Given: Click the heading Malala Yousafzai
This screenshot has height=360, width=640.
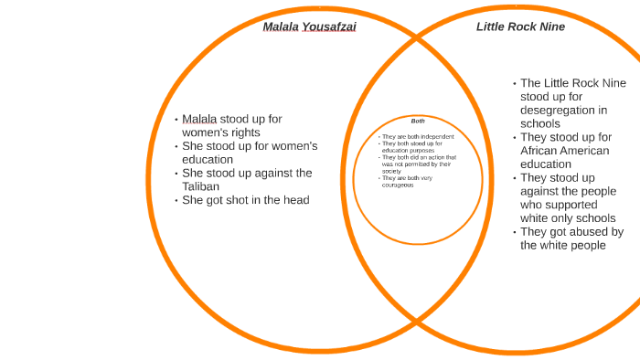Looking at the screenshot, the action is (309, 26).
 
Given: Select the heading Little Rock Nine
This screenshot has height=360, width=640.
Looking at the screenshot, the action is (520, 26).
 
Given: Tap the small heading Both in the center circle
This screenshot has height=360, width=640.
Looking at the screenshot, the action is (418, 121).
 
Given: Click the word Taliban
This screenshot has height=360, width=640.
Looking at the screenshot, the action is (201, 186).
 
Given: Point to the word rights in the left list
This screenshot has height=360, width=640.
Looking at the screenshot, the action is (244, 132).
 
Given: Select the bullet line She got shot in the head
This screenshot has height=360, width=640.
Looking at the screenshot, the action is (245, 200).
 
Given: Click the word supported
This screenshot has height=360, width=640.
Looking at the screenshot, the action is (581, 205).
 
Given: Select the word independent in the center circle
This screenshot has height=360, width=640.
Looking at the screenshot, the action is (438, 137).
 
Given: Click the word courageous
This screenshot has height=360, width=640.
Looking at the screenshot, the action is (398, 185).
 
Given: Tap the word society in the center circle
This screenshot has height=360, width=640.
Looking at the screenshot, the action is (391, 171).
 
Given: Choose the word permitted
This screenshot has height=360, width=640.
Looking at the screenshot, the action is (417, 164).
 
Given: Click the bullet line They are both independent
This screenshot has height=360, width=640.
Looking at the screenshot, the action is (418, 137).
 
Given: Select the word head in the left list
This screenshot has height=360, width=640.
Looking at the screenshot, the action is (296, 200).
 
